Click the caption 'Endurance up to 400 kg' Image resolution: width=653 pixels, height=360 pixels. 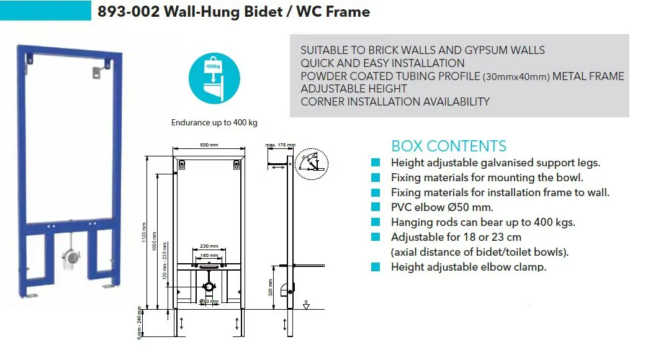coord(214,123)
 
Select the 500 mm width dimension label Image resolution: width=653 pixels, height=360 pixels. coord(209,145)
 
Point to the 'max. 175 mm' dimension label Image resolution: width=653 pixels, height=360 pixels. coord(281,145)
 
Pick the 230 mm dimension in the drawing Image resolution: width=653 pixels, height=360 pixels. coord(209,246)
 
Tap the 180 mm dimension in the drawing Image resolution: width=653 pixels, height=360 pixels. coord(209,255)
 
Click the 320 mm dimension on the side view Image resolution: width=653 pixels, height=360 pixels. coord(271,290)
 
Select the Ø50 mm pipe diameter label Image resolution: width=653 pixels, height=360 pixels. coord(209,302)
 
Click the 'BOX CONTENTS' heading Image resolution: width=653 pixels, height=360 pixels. coord(448,146)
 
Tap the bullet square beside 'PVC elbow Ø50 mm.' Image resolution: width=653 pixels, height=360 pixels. coord(376,207)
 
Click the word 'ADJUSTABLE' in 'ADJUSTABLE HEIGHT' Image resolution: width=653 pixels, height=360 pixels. coord(330,89)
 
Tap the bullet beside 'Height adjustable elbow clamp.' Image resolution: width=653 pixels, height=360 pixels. coord(376,267)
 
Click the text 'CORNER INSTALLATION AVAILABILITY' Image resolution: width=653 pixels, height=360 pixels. coord(395,102)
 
